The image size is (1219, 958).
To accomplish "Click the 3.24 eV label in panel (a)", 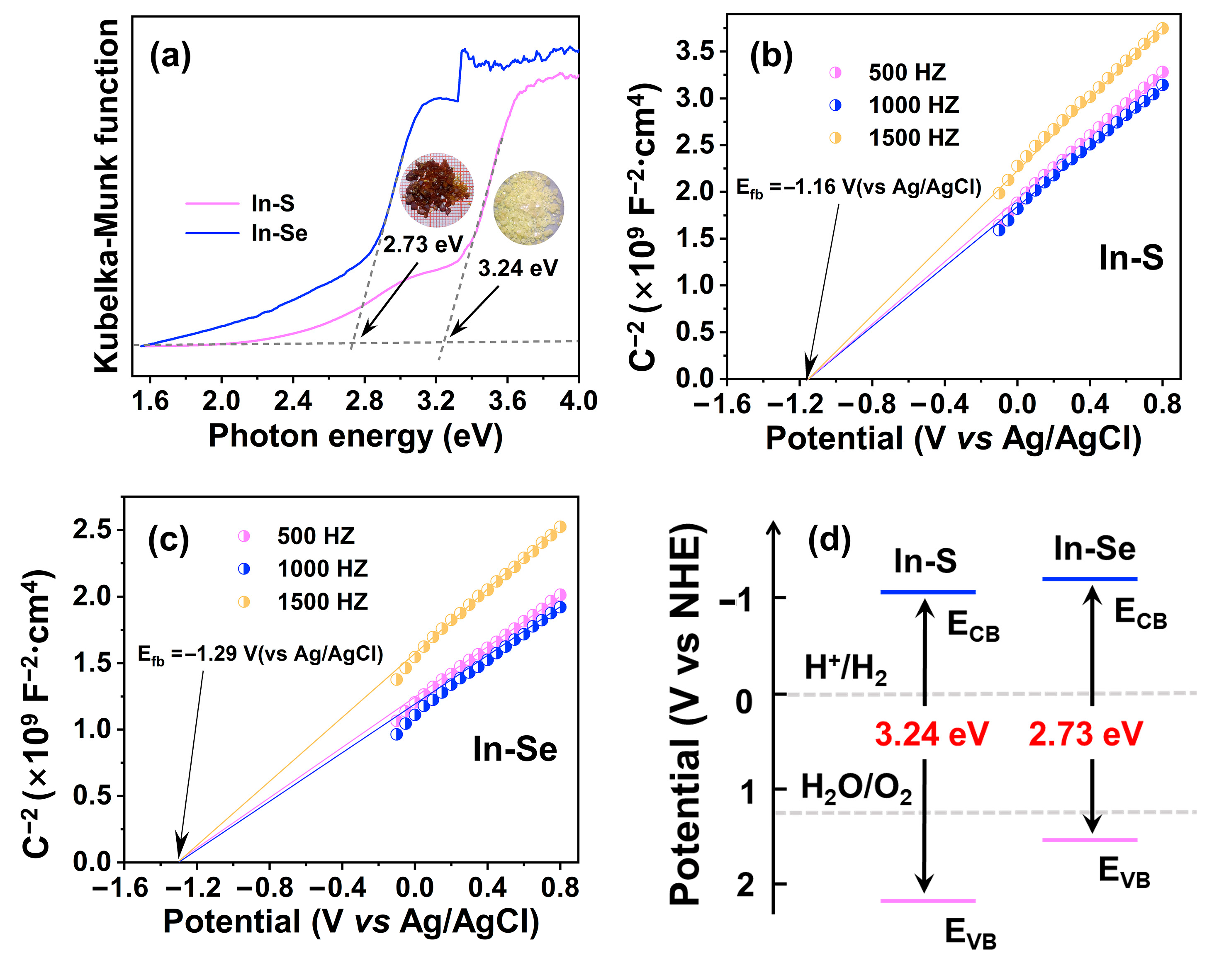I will [x=517, y=269].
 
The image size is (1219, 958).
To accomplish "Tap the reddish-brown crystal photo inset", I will [x=436, y=190].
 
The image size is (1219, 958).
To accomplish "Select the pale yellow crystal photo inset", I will [x=528, y=207].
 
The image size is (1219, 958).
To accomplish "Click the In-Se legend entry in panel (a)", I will [x=278, y=233].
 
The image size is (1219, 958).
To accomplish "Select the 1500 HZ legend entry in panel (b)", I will [x=913, y=137].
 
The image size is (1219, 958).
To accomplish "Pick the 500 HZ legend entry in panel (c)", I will [x=315, y=536].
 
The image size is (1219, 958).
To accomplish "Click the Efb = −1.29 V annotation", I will [x=260, y=654].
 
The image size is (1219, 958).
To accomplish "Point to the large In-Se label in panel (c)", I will [x=514, y=749].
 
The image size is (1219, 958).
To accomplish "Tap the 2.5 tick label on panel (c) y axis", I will [x=92, y=530].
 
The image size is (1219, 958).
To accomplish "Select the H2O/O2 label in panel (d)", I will [x=856, y=788].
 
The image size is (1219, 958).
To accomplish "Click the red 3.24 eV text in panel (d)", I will [x=931, y=734].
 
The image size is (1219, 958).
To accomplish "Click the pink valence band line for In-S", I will [x=928, y=901].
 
